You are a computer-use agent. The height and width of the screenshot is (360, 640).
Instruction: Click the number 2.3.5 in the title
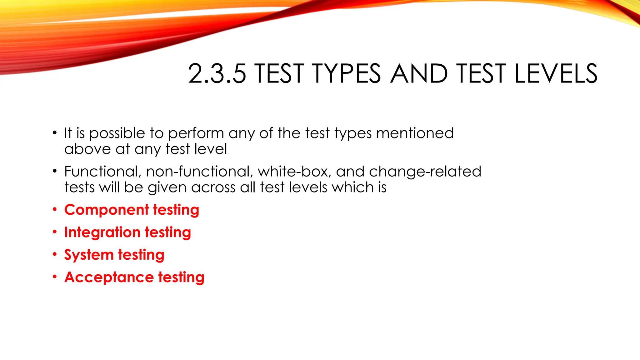pyautogui.click(x=217, y=74)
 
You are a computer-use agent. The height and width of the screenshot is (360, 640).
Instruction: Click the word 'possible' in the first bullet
pyautogui.click(x=117, y=134)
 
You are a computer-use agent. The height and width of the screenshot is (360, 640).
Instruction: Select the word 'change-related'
pyautogui.click(x=425, y=172)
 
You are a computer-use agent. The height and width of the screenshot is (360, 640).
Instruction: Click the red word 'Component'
pyautogui.click(x=107, y=210)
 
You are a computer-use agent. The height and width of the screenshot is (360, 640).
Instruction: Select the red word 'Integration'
pyautogui.click(x=102, y=233)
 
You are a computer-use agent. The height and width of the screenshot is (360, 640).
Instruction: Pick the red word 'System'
pyautogui.click(x=89, y=255)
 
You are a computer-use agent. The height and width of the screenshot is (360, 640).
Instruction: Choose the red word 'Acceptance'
pyautogui.click(x=109, y=277)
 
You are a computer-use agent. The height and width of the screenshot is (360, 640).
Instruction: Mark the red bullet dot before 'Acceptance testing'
pyautogui.click(x=55, y=277)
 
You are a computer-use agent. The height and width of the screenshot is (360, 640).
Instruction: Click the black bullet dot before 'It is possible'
pyautogui.click(x=55, y=133)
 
